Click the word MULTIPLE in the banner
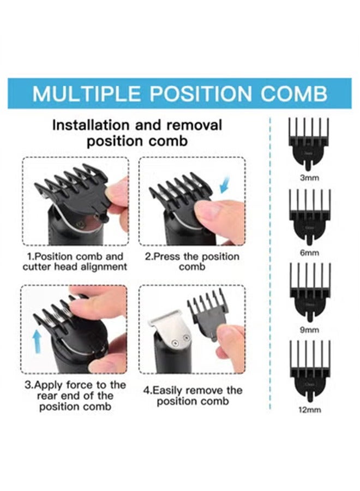[x=87, y=94]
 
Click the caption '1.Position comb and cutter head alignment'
[x=75, y=261]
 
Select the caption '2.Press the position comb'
[x=191, y=261]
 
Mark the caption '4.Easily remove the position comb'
[x=191, y=396]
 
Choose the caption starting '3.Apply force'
[x=75, y=396]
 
